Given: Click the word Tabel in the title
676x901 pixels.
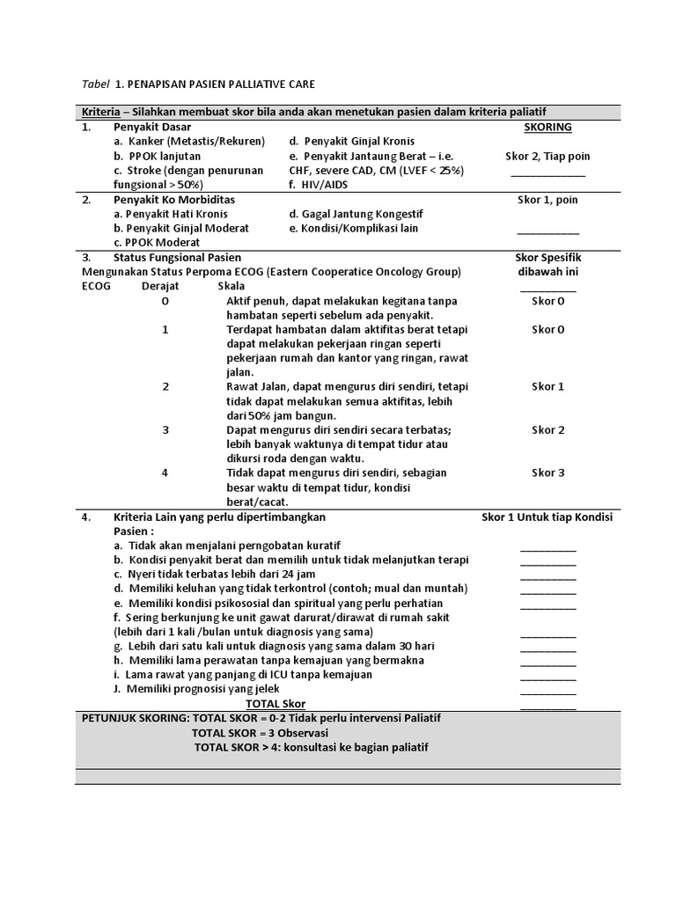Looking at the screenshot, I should point(95,84).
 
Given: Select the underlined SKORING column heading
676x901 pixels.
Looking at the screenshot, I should point(547,127).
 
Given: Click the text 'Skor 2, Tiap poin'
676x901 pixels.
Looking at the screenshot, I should point(547,156).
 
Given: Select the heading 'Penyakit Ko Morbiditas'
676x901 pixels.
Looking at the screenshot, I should point(174,200).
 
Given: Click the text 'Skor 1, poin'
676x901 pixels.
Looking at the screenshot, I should point(547,200).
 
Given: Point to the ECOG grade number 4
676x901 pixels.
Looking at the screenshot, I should point(165,472).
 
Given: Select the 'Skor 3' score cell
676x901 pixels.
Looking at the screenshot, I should point(547,472).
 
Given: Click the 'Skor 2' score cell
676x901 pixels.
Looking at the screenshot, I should point(547,429).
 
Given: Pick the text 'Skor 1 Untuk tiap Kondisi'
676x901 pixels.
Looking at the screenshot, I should point(547,516).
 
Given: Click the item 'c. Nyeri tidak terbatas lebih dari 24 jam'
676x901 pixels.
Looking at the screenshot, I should point(219,574).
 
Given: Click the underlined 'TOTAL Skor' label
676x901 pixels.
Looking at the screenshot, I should point(276,704).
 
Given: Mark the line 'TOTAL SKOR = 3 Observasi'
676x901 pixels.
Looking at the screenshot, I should point(260,732).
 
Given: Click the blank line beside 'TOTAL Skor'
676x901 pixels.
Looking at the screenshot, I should point(547,705).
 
